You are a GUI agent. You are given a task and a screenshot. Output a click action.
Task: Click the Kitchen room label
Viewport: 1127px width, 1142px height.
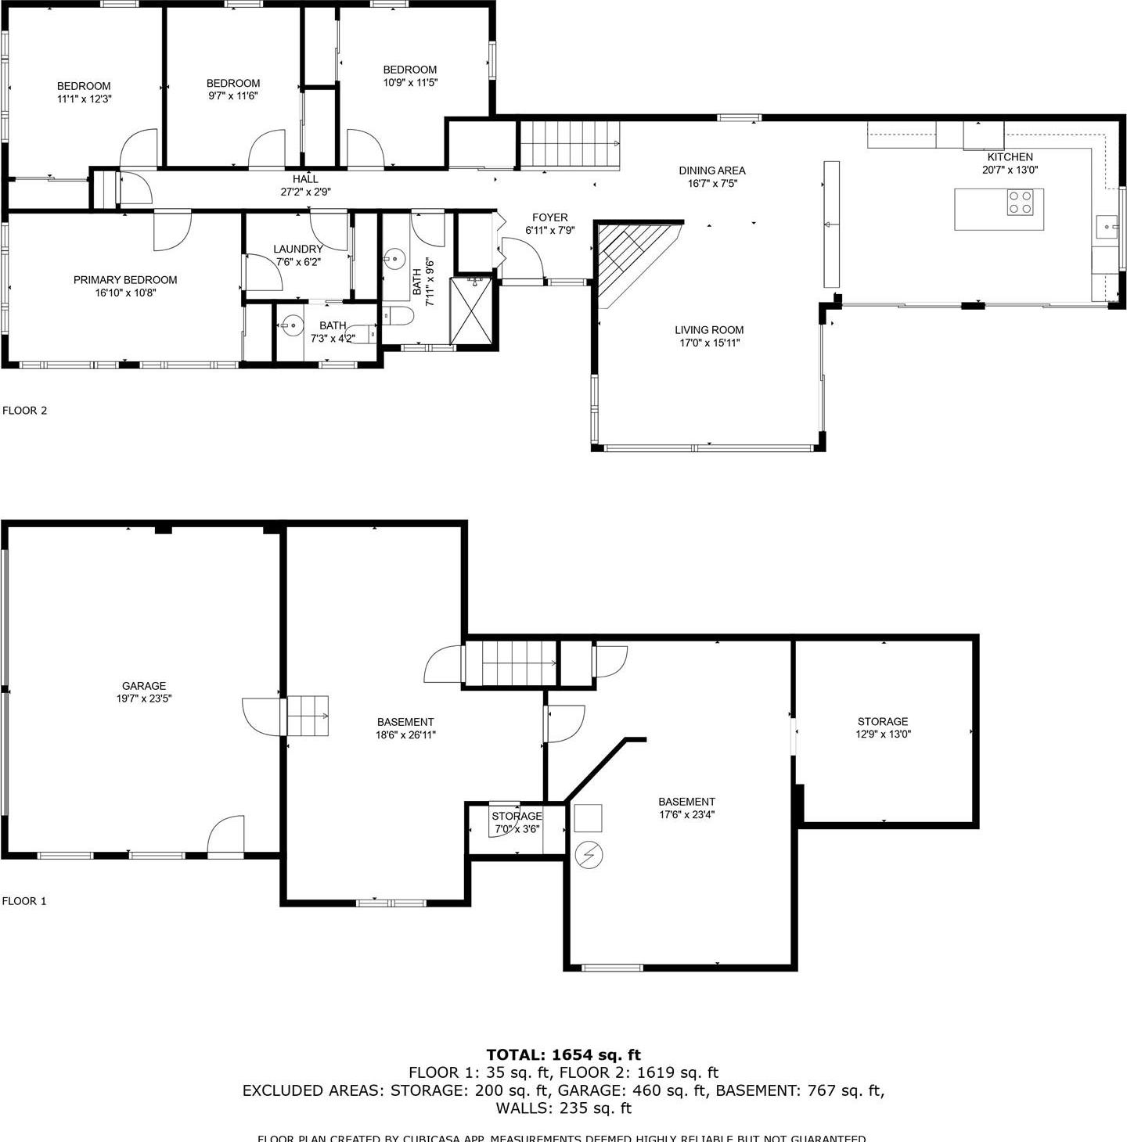(x=1010, y=157)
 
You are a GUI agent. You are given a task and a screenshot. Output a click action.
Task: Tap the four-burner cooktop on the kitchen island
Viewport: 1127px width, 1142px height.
(x=1020, y=203)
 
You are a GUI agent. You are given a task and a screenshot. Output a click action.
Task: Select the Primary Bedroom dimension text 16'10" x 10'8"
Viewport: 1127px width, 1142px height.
(x=125, y=293)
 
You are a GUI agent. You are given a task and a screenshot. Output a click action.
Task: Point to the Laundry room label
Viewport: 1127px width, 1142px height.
(x=298, y=249)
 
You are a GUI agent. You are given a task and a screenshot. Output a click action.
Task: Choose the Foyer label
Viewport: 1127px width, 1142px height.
(x=549, y=217)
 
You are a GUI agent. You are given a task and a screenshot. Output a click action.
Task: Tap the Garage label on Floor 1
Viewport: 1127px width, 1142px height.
(x=144, y=686)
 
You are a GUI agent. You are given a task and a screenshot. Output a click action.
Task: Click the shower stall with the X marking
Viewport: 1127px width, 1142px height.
(x=471, y=311)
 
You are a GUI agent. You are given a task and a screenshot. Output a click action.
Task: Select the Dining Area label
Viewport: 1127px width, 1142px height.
(x=711, y=171)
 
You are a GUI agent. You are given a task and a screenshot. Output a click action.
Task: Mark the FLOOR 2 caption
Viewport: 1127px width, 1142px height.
(x=25, y=410)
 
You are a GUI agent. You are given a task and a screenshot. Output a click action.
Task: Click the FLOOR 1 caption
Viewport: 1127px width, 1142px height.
(x=24, y=901)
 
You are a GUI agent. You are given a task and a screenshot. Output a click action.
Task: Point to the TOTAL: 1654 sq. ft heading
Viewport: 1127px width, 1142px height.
(x=563, y=1054)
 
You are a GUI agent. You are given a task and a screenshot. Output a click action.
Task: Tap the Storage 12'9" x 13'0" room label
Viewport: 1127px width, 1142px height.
(x=883, y=721)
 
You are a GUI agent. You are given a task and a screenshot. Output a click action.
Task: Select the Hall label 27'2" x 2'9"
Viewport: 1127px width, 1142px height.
(x=305, y=185)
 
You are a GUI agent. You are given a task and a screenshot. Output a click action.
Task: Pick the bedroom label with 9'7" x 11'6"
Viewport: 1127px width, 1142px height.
(x=233, y=89)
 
